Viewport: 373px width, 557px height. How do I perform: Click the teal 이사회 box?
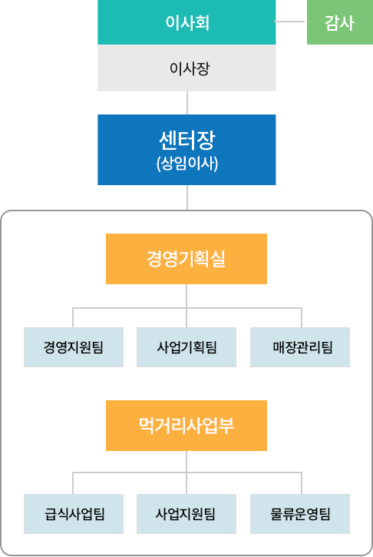pyautogui.click(x=186, y=22)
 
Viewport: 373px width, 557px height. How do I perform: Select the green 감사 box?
pyautogui.click(x=340, y=22)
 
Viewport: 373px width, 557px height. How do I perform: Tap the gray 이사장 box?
pyautogui.click(x=186, y=68)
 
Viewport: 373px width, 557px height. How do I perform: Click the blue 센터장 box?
pyautogui.click(x=186, y=150)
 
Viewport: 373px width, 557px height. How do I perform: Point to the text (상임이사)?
pyautogui.click(x=187, y=164)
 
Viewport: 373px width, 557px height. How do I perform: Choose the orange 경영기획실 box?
pyautogui.click(x=186, y=259)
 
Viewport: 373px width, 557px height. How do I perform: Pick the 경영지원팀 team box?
pyautogui.click(x=74, y=347)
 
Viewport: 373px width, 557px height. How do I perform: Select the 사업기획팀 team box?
pyautogui.click(x=186, y=347)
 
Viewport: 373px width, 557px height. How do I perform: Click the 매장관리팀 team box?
pyautogui.click(x=300, y=347)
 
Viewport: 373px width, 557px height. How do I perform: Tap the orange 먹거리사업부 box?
pyautogui.click(x=186, y=426)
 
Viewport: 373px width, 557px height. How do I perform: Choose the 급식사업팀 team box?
pyautogui.click(x=74, y=514)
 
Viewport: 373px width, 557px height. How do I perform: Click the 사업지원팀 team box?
pyautogui.click(x=186, y=514)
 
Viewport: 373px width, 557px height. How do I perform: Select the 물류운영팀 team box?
pyautogui.click(x=300, y=514)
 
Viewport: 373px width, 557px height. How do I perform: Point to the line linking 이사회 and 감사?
pyautogui.click(x=289, y=22)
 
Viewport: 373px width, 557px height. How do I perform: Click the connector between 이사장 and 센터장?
pyautogui.click(x=187, y=103)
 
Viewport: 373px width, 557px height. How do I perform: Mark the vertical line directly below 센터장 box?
pyautogui.click(x=187, y=197)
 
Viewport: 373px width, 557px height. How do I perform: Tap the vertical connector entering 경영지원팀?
pyautogui.click(x=73, y=317)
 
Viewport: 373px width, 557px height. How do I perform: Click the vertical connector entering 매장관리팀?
pyautogui.click(x=302, y=317)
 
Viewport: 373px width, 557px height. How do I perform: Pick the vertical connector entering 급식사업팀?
pyautogui.click(x=73, y=483)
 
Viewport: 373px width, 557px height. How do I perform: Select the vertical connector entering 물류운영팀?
pyautogui.click(x=302, y=483)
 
